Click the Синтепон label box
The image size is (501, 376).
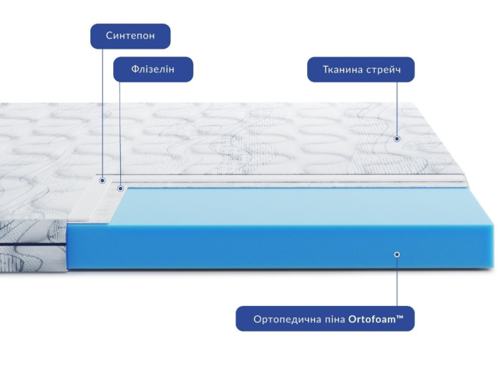(x=130, y=36)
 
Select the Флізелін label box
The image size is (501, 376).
(x=153, y=69)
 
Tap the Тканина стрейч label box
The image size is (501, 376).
(x=361, y=69)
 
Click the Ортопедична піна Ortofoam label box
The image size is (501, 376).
(x=325, y=319)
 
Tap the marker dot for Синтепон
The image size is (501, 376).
(x=102, y=180)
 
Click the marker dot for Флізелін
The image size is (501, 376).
(x=120, y=188)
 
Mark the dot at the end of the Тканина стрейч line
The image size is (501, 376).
(x=397, y=139)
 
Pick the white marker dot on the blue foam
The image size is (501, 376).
(x=397, y=254)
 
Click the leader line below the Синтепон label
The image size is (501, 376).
(x=102, y=113)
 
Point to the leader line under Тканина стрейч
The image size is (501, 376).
(x=397, y=109)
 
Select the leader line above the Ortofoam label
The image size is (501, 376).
(x=397, y=281)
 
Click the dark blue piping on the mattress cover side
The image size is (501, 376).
(x=33, y=245)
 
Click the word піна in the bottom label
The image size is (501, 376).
(x=337, y=319)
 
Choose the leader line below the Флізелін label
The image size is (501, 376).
(x=120, y=134)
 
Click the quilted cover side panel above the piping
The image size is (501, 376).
(x=33, y=231)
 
